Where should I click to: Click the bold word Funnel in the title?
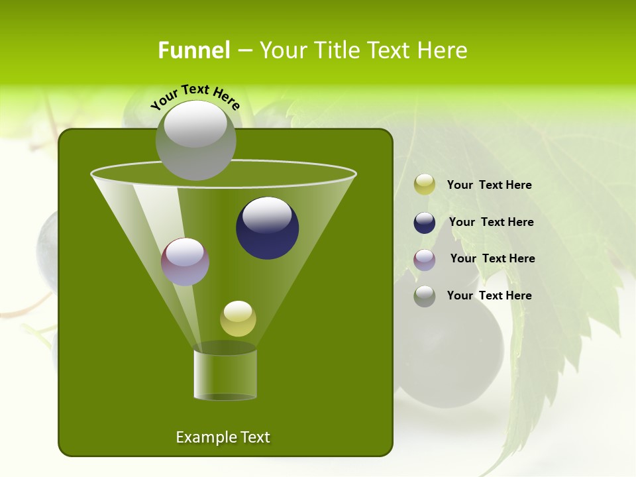tap(193, 50)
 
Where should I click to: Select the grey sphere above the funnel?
tap(195, 140)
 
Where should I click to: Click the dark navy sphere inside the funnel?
tap(267, 229)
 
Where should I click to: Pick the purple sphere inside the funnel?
tap(185, 262)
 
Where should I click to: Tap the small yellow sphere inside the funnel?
tap(238, 319)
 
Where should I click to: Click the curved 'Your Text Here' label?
tap(195, 96)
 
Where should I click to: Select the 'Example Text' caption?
tap(223, 437)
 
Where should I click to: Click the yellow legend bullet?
tap(425, 185)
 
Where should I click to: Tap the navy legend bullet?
tap(425, 223)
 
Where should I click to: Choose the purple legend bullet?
tap(425, 260)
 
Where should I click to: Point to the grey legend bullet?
tap(425, 296)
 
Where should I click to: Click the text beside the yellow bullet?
tap(489, 185)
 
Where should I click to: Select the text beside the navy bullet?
tap(491, 222)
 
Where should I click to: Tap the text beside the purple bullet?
tap(492, 258)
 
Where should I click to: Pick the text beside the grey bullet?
tap(489, 295)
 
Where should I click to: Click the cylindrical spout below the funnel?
tap(225, 374)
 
